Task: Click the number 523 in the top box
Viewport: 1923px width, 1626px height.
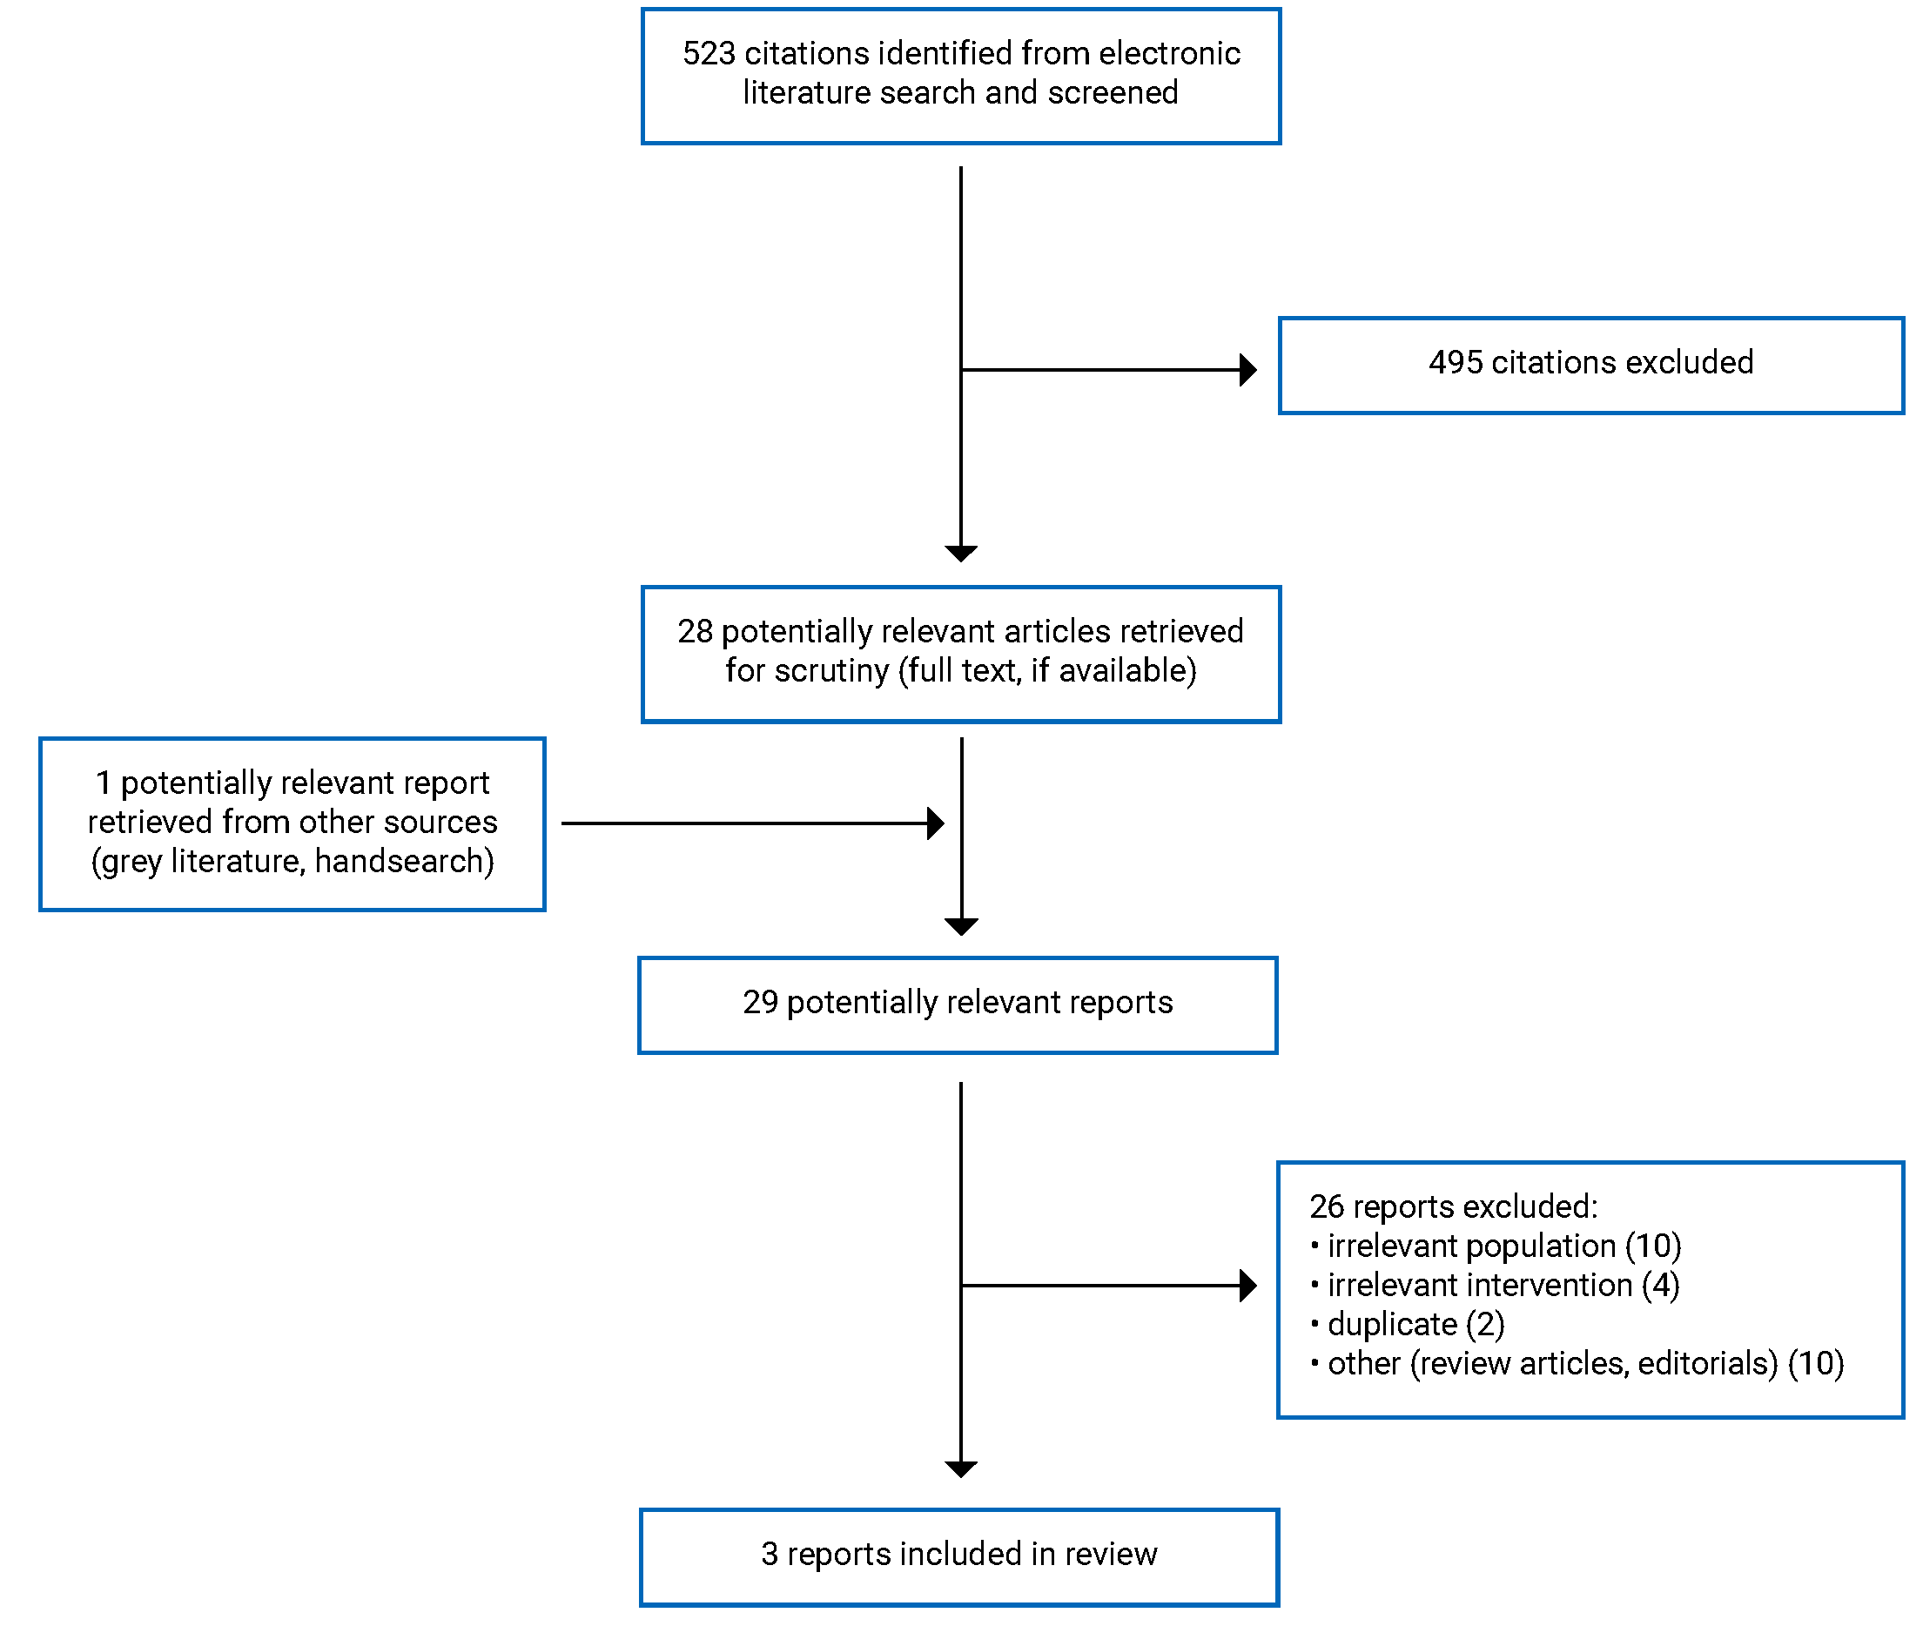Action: [x=708, y=53]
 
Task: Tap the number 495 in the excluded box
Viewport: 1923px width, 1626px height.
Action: [x=1456, y=362]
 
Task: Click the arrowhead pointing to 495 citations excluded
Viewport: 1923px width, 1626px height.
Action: [x=1248, y=370]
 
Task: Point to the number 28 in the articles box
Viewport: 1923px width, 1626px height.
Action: [x=695, y=631]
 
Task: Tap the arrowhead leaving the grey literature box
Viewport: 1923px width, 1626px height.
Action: [x=936, y=823]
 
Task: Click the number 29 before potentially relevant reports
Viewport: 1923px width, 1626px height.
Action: [x=761, y=1002]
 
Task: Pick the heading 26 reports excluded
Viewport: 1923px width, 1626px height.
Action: [x=1454, y=1206]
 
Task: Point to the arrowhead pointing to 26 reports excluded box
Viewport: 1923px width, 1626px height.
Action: [x=1248, y=1285]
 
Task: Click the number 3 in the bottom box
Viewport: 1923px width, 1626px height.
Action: [x=769, y=1554]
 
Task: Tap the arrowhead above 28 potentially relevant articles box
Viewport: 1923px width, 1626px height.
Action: [x=960, y=553]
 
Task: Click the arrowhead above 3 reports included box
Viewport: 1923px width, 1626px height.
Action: [x=960, y=1469]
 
